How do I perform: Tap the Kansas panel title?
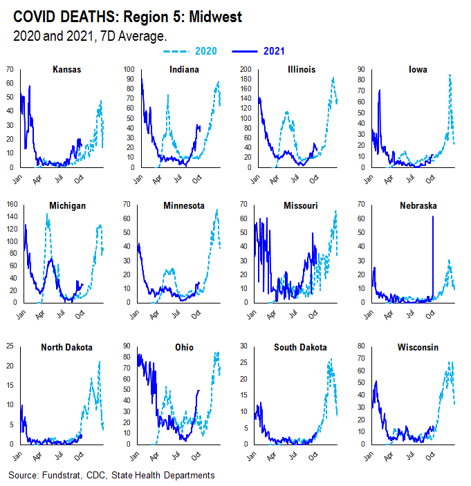pyautogui.click(x=68, y=70)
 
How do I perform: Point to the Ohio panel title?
pyautogui.click(x=185, y=347)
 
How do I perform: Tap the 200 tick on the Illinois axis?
pyautogui.click(x=243, y=70)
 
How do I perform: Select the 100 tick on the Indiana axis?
pyautogui.click(x=127, y=70)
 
